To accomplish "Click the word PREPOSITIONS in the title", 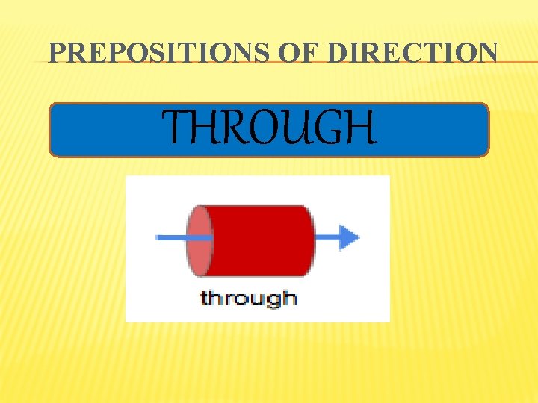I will click(x=148, y=53).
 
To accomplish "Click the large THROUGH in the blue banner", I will click(x=270, y=128).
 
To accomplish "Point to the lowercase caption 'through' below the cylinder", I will click(x=248, y=299).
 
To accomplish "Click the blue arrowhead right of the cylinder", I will click(x=347, y=237).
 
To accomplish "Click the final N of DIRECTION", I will click(x=486, y=53).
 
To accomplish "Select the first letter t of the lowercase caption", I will click(x=204, y=298).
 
